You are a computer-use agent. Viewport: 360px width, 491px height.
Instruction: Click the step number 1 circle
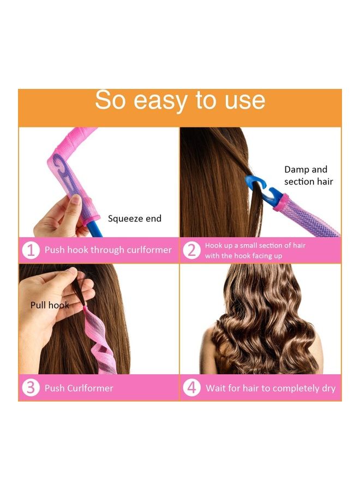[31, 250]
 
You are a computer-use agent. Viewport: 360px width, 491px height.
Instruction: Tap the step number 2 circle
[191, 250]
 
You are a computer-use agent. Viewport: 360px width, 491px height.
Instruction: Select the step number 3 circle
[31, 388]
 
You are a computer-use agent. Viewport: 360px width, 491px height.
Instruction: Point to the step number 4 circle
[191, 388]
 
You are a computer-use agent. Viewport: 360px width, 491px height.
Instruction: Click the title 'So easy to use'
[180, 101]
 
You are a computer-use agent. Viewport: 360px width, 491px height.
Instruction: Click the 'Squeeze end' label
[134, 219]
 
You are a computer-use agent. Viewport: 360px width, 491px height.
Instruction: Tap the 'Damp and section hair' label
[308, 176]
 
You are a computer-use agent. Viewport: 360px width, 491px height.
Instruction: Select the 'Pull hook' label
[49, 305]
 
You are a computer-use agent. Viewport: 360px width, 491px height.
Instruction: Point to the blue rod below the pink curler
[94, 228]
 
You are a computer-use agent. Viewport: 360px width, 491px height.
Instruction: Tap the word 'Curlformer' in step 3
[91, 388]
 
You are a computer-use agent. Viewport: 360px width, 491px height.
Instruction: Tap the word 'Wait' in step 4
[217, 388]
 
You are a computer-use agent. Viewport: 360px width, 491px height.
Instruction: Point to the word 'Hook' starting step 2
[214, 245]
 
